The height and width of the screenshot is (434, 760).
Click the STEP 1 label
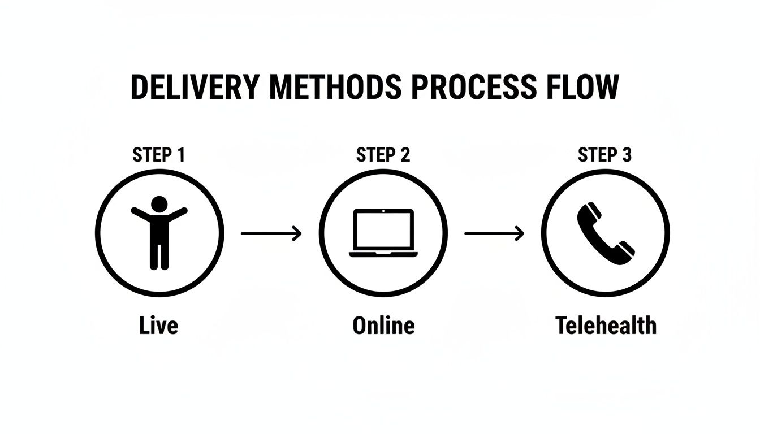[x=158, y=155]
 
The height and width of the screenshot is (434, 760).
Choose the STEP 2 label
[x=383, y=155]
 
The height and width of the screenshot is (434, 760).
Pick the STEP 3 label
[x=604, y=155]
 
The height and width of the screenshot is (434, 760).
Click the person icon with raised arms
[x=159, y=232]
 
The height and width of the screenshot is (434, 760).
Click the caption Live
[x=158, y=325]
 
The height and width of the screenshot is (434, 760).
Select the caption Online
[x=383, y=325]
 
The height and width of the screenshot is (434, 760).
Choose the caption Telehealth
[x=606, y=325]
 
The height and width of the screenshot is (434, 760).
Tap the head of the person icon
[x=159, y=203]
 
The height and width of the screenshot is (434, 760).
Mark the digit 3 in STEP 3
[x=626, y=155]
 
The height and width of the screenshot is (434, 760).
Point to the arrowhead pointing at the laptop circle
[x=297, y=233]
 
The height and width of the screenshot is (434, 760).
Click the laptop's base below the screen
[x=383, y=254]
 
